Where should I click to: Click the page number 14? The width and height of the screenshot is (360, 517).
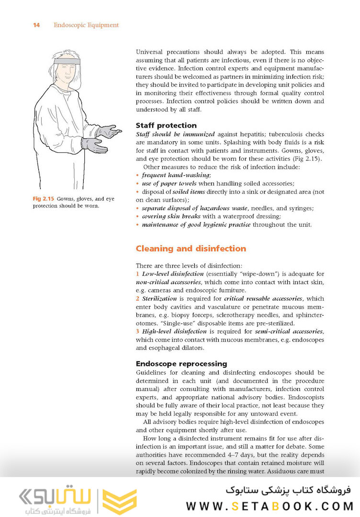coord(36,25)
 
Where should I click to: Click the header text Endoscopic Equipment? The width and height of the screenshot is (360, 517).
coord(86,25)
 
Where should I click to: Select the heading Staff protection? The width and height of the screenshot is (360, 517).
coord(166,126)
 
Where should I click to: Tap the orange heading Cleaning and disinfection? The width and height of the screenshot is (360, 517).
coord(191,248)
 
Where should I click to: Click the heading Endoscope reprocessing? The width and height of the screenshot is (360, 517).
coord(181,364)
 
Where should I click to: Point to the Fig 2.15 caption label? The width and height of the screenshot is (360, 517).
coord(43,198)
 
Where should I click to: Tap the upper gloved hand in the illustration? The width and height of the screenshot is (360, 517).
coord(108,131)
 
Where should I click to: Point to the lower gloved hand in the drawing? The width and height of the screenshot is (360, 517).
coord(93,144)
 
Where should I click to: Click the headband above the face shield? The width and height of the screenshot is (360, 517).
coord(65,62)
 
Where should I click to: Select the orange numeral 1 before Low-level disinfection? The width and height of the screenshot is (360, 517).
coord(138,274)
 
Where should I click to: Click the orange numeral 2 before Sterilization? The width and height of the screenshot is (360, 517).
coord(138,299)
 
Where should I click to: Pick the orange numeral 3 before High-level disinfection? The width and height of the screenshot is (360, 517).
coord(138,331)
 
